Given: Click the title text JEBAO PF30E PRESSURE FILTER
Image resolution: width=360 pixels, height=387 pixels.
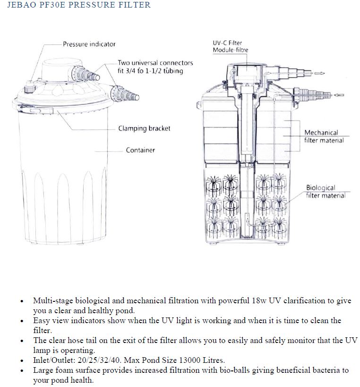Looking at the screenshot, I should pyautogui.click(x=76, y=5).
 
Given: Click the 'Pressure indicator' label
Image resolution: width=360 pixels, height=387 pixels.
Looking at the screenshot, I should pyautogui.click(x=89, y=44).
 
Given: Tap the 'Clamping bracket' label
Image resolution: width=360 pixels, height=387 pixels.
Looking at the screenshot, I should pyautogui.click(x=144, y=128).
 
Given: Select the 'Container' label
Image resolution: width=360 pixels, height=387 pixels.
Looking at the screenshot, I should pyautogui.click(x=140, y=150).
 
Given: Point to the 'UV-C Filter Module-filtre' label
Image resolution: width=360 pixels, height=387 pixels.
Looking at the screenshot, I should pyautogui.click(x=230, y=46).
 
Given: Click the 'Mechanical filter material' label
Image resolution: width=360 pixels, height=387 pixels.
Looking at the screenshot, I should pyautogui.click(x=324, y=136).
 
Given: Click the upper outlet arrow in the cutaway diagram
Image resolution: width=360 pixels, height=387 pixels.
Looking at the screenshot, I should pyautogui.click(x=319, y=73).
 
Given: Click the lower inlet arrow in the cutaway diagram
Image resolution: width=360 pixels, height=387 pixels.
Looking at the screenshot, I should pyautogui.click(x=338, y=95).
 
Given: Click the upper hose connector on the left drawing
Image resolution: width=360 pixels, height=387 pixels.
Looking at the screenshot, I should pyautogui.click(x=88, y=75).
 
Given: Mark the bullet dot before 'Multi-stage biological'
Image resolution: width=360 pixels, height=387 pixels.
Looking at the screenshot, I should pyautogui.click(x=21, y=301).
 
